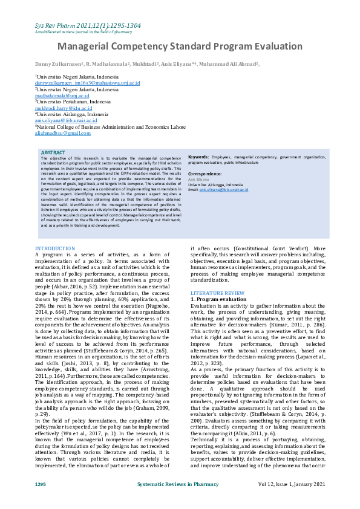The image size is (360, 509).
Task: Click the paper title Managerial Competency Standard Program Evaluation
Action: click(x=180, y=47)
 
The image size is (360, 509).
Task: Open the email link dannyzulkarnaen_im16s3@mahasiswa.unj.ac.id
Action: click(x=87, y=83)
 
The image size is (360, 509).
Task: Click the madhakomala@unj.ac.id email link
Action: click(x=61, y=96)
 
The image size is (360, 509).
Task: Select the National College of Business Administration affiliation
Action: click(x=110, y=127)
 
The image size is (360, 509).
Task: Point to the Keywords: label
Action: click(x=199, y=157)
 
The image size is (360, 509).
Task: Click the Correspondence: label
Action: click(x=205, y=173)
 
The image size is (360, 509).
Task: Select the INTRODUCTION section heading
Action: click(x=55, y=248)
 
